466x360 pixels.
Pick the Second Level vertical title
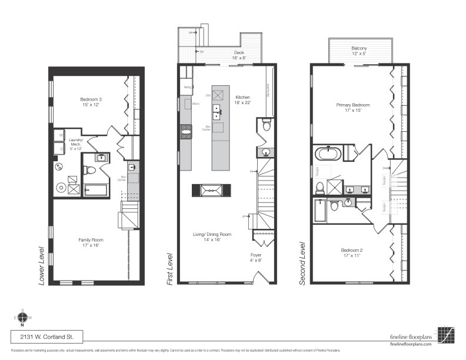[302, 263]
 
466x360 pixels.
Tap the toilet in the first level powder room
[266, 125]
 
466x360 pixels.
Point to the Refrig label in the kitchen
[187, 87]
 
